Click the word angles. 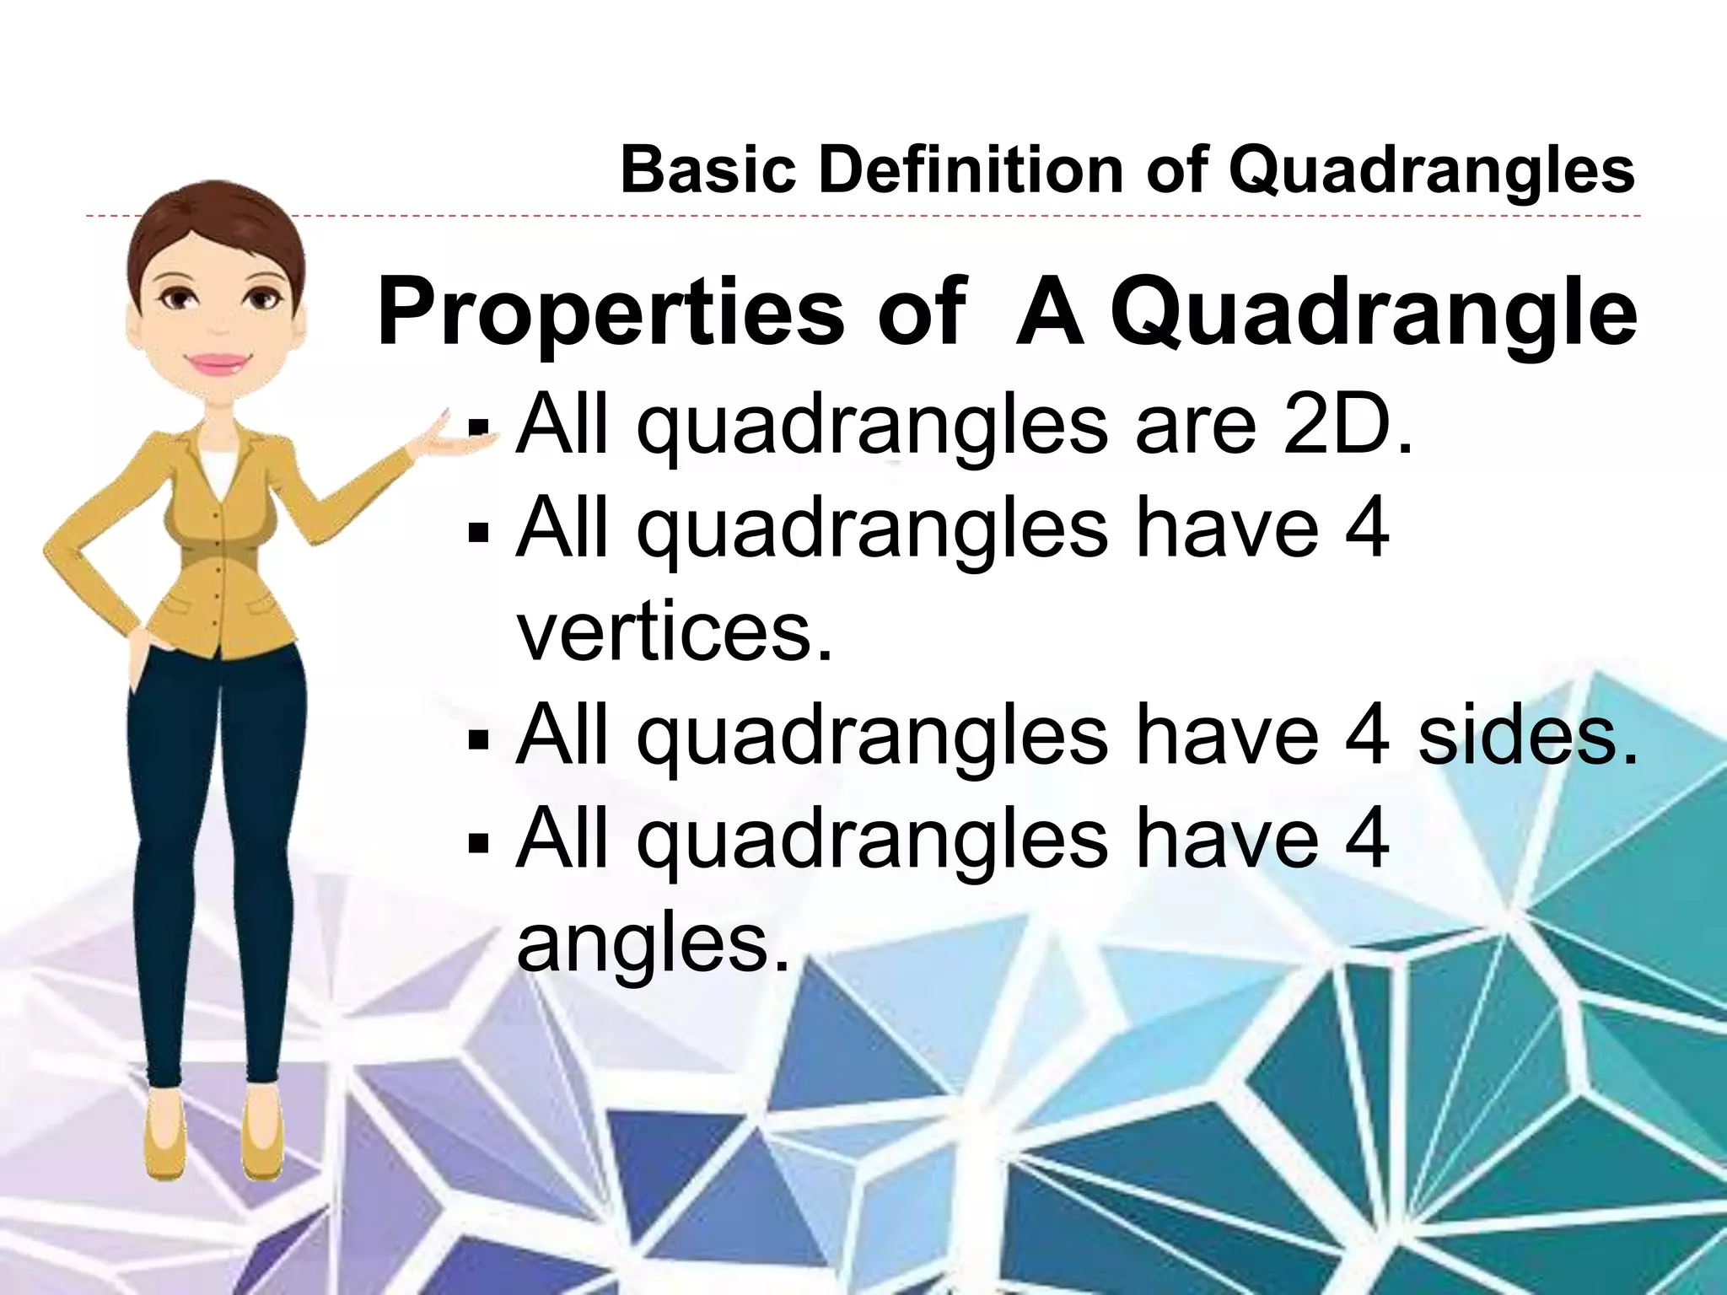pyautogui.click(x=654, y=944)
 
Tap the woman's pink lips pyautogui.click(x=218, y=364)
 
